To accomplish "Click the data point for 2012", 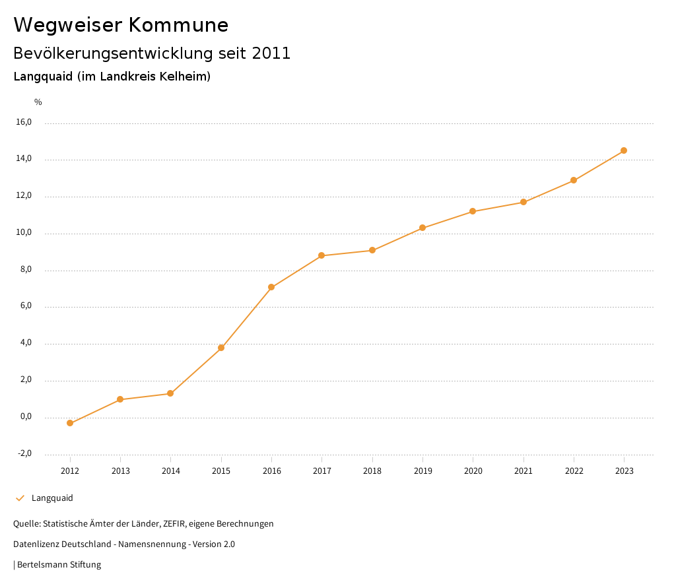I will [70, 423].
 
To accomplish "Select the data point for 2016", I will [271, 287].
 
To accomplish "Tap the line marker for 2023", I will [624, 150].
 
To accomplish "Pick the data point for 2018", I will [372, 250].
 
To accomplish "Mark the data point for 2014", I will [170, 393].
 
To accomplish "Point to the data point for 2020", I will [473, 211].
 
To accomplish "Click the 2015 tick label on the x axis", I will [221, 471].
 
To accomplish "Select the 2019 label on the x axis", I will [422, 471].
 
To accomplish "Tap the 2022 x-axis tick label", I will [574, 471].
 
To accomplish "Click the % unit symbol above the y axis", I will [38, 102].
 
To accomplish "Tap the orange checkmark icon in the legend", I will [20, 498].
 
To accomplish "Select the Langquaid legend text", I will [52, 498].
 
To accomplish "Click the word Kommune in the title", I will [178, 25].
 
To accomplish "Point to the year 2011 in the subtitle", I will [271, 53].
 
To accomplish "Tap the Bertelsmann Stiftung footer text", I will [59, 565].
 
